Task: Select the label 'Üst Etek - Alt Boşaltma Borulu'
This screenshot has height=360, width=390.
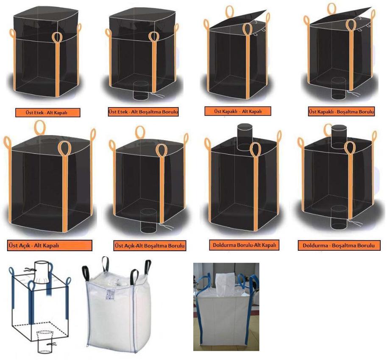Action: (143, 111)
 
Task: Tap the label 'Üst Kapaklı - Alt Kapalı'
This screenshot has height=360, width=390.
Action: (238, 111)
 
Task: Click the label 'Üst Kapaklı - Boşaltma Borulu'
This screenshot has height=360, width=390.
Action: (341, 111)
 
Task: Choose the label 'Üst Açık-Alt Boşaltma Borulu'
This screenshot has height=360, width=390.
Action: (150, 246)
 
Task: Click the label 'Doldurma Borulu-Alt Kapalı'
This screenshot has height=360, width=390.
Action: (244, 245)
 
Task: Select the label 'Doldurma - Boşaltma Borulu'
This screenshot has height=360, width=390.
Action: (339, 245)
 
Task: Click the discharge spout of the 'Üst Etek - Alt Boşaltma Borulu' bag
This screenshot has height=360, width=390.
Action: (141, 91)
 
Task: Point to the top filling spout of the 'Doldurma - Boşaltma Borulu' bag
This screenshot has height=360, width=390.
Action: (339, 137)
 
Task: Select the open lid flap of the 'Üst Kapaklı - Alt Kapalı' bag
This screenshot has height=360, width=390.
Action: (238, 19)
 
